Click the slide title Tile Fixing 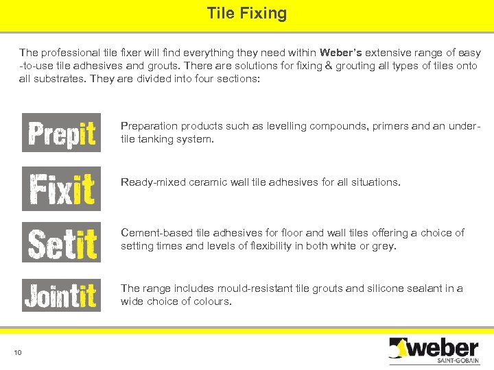click(247, 13)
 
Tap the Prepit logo click(61, 132)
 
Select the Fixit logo click(61, 188)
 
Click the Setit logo click(61, 242)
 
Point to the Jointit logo click(61, 295)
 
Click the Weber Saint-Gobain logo click(433, 350)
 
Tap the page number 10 click(18, 352)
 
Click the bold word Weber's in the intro click(340, 53)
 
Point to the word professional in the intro click(73, 53)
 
